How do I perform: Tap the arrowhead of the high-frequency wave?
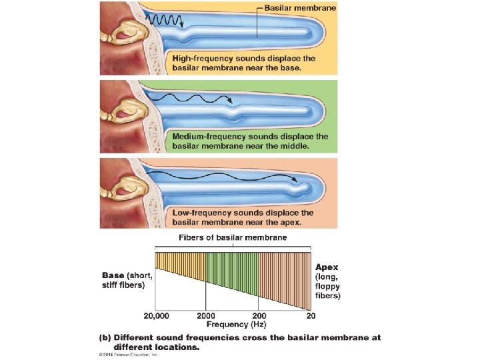coord(181,27)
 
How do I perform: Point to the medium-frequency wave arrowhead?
coord(230,102)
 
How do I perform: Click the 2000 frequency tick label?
coord(206,315)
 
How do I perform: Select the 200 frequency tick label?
coord(259,315)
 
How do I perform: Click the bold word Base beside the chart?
coord(113,275)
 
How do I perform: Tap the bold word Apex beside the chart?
coord(327,267)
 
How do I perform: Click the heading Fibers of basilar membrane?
coord(233,238)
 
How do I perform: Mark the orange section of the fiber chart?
coord(285,273)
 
